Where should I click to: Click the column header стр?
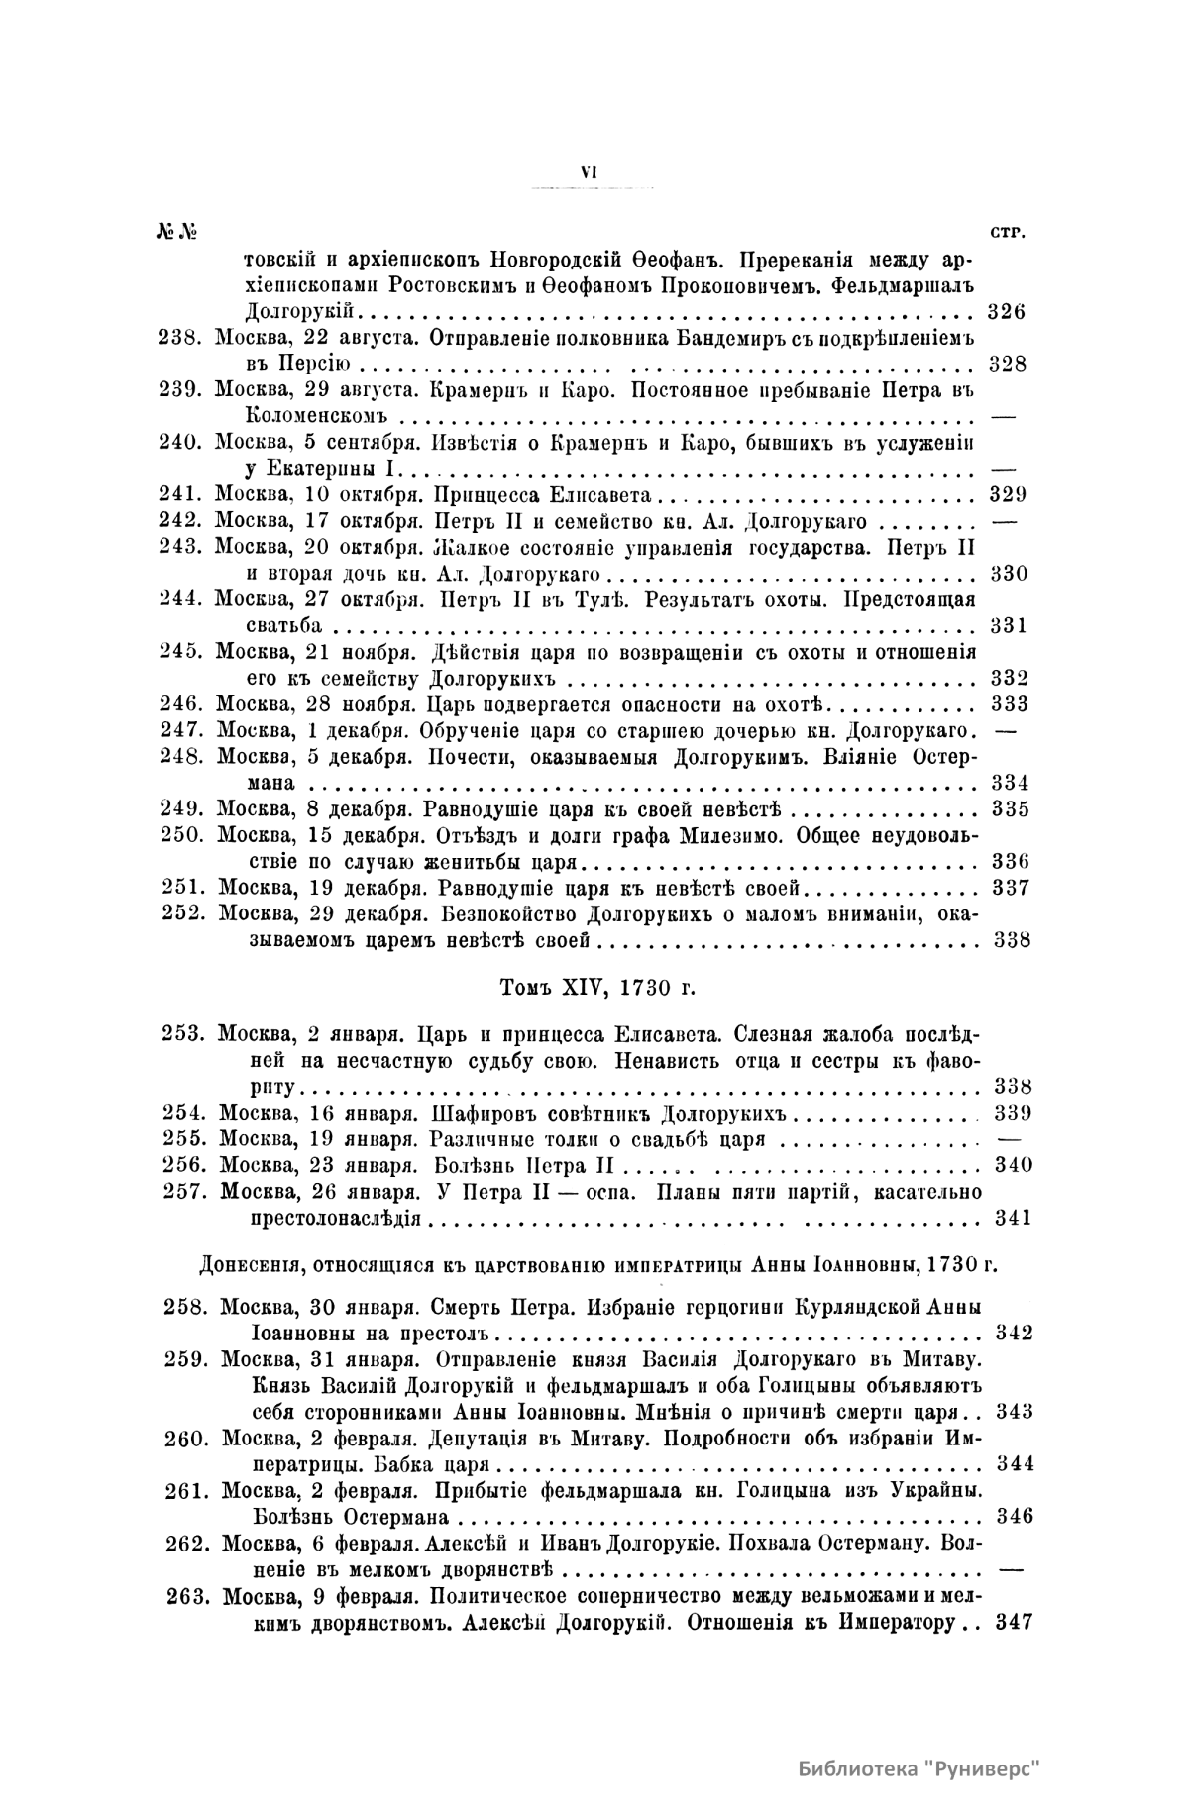(x=1008, y=232)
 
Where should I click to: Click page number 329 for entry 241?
(x=1008, y=495)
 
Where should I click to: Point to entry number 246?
(x=180, y=704)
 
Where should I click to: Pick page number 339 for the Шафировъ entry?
(x=1013, y=1113)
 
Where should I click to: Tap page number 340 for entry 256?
(x=1013, y=1165)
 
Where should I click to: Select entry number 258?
(x=185, y=1307)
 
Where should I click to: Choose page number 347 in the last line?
(x=1013, y=1624)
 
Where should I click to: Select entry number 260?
(x=186, y=1439)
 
